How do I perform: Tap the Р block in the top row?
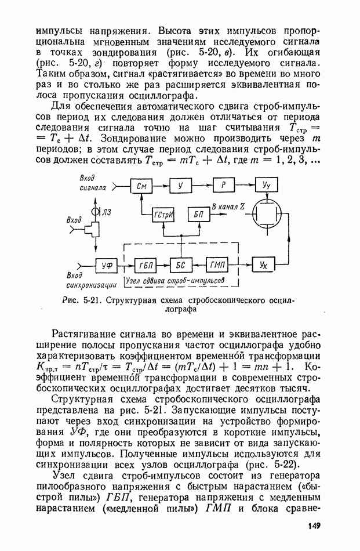(x=222, y=186)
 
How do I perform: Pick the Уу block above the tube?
(x=266, y=186)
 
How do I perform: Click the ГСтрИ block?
(x=162, y=215)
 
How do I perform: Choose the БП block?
(x=198, y=215)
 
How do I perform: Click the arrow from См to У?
(x=160, y=186)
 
